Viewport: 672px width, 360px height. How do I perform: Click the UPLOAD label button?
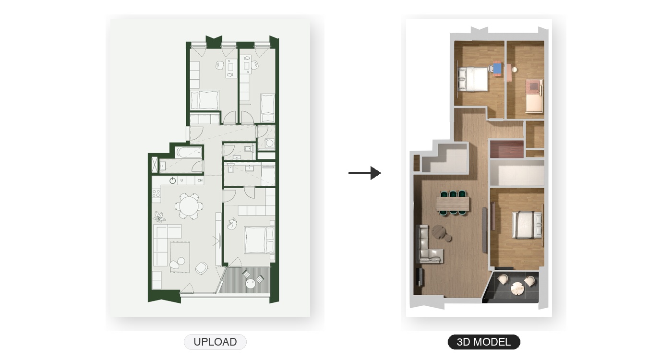click(x=215, y=342)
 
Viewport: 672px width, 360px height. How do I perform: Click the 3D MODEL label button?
click(x=484, y=342)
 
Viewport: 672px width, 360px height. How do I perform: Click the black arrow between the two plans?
click(x=365, y=173)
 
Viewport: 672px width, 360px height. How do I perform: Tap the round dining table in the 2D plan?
click(x=189, y=206)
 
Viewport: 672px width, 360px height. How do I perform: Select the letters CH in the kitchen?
click(x=200, y=180)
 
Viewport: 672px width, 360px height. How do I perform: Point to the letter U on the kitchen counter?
click(x=181, y=180)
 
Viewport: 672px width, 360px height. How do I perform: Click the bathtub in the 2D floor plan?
click(x=188, y=153)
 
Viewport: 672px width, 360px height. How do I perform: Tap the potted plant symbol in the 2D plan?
click(x=159, y=216)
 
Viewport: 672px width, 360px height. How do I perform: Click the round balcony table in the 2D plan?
click(x=251, y=284)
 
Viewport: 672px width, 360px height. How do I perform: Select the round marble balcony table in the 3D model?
click(x=517, y=288)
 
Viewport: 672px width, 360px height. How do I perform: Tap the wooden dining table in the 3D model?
click(x=452, y=204)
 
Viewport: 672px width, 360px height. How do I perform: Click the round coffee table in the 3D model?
click(x=439, y=232)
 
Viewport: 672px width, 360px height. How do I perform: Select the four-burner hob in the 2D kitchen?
click(x=156, y=193)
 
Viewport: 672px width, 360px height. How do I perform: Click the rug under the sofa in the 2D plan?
click(x=180, y=257)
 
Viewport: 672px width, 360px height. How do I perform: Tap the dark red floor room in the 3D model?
click(x=507, y=149)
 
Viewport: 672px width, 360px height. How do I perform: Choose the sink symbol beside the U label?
click(x=172, y=180)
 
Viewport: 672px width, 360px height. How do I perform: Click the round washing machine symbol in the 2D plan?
click(x=269, y=143)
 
